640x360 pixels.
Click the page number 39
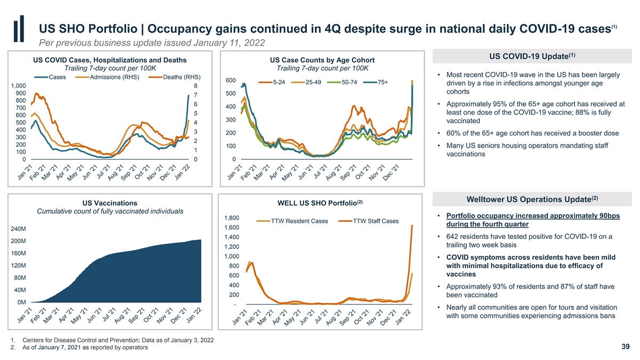click(626, 347)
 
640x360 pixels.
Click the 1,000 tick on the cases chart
click(18, 86)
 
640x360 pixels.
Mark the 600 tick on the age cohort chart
click(230, 81)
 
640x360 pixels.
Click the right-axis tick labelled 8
click(196, 86)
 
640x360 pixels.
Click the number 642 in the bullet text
click(454, 237)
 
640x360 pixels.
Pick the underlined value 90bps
click(607, 215)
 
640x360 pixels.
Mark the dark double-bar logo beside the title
click(21, 32)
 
